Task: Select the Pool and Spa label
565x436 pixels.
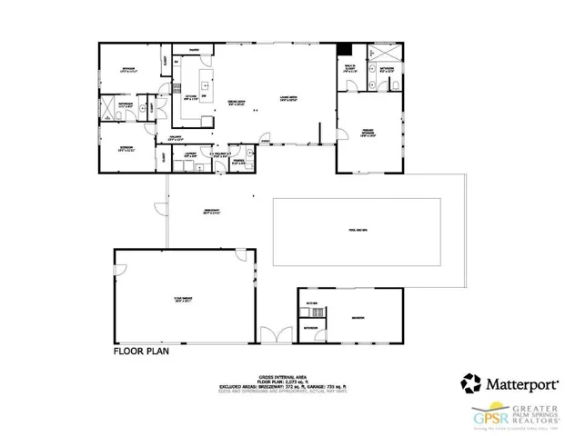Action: click(357, 230)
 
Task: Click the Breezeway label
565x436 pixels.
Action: click(213, 213)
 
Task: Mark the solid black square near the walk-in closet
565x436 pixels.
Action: click(344, 49)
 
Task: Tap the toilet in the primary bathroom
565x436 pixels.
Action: click(396, 84)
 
